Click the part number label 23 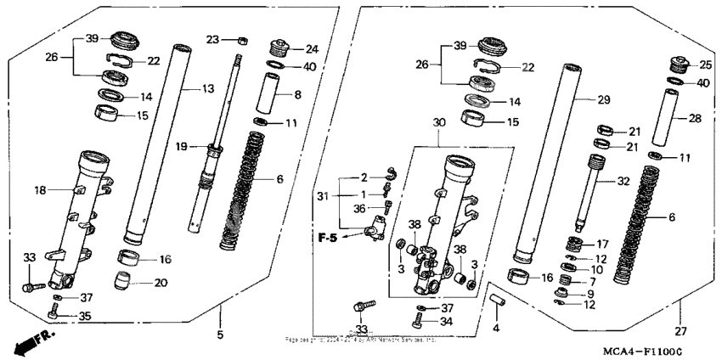[x=212, y=39]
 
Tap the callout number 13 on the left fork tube [x=207, y=89]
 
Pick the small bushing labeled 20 [x=125, y=281]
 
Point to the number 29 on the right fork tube [x=604, y=101]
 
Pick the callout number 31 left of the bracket [x=322, y=197]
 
